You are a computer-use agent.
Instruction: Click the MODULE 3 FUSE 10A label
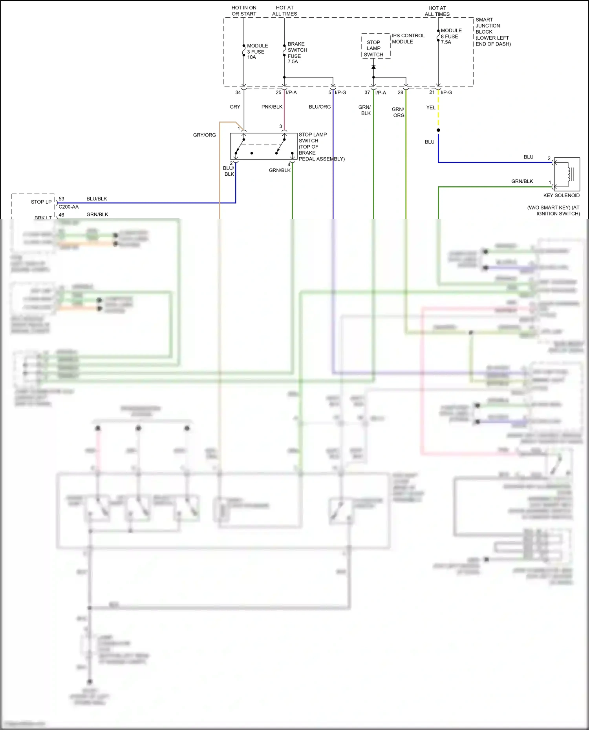(257, 51)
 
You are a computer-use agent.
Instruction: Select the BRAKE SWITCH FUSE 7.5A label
(297, 53)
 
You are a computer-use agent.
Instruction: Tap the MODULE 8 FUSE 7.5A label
(451, 36)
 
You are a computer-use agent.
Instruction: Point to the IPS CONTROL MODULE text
(408, 38)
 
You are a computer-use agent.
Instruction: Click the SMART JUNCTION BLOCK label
(492, 32)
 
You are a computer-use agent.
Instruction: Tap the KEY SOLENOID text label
(561, 195)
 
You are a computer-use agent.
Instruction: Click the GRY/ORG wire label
(204, 135)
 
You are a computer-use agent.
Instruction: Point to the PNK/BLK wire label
(272, 107)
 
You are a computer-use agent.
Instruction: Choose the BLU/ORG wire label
(320, 107)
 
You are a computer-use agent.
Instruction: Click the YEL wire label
(431, 107)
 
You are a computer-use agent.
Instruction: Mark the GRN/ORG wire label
(398, 112)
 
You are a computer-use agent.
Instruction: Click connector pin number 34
(238, 93)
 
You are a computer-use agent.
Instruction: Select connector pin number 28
(400, 93)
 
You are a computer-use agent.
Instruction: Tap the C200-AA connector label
(69, 207)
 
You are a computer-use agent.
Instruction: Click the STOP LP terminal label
(41, 202)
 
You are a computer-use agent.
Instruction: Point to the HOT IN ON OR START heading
(244, 11)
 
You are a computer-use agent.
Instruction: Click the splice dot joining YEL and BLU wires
(438, 130)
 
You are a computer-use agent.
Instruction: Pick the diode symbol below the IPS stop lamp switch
(373, 67)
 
